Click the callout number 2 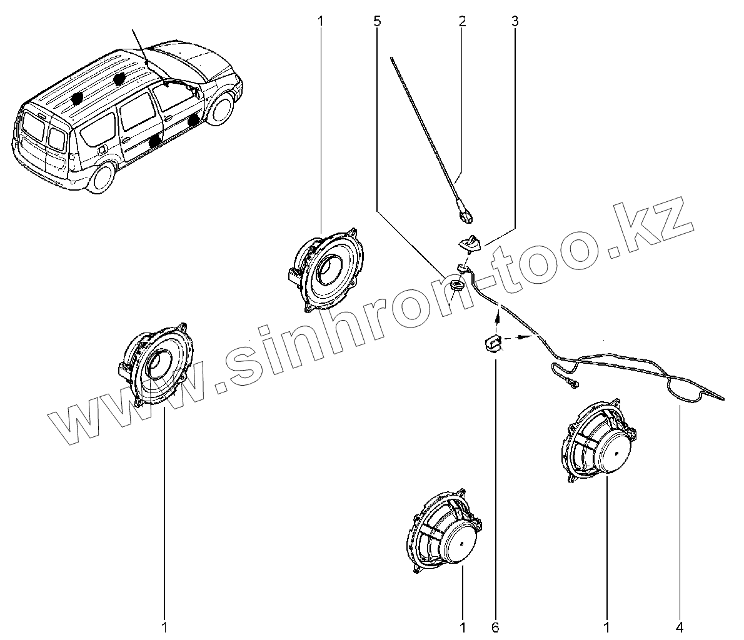(x=462, y=21)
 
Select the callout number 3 (x=515, y=21)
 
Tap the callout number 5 (x=376, y=21)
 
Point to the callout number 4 (x=679, y=625)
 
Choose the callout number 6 (x=496, y=625)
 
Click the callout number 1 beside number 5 (x=321, y=21)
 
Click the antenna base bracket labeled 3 (x=470, y=242)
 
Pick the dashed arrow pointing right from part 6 (x=519, y=338)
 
